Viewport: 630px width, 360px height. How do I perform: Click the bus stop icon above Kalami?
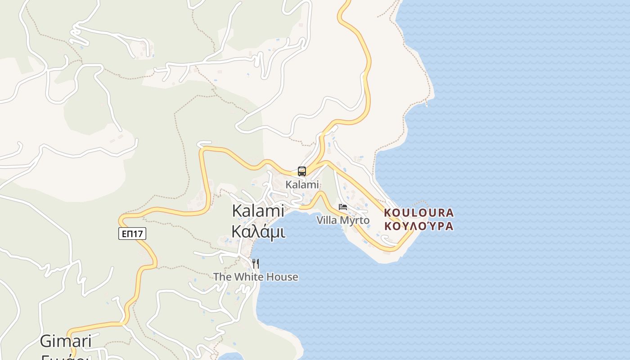click(x=301, y=171)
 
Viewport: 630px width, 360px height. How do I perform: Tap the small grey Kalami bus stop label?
click(x=302, y=184)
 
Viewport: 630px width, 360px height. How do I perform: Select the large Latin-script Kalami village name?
click(x=258, y=211)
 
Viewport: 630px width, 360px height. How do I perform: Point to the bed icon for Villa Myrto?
click(x=343, y=207)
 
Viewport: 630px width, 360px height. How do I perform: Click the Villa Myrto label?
click(x=343, y=220)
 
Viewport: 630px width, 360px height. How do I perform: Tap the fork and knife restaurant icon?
click(x=255, y=263)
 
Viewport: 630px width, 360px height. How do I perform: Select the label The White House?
click(x=256, y=277)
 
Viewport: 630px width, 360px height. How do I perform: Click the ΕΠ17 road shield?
click(x=132, y=234)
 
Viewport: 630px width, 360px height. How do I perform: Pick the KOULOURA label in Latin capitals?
click(x=419, y=212)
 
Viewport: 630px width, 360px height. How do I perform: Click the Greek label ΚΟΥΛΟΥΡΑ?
click(x=419, y=226)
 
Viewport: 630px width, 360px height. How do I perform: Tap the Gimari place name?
click(x=66, y=341)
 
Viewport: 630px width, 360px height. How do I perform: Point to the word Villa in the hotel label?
click(x=326, y=220)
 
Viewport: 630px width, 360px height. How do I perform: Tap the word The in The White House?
click(x=222, y=277)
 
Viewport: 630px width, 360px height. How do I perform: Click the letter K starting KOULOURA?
click(x=388, y=212)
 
